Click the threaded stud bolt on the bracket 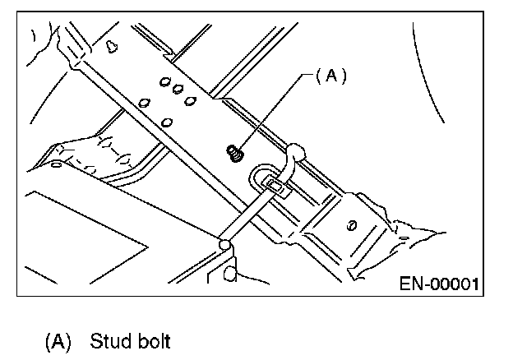tap(235, 154)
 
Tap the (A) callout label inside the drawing tap(331, 76)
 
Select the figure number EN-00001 tap(439, 284)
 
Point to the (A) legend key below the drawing tap(58, 342)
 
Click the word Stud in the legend tap(110, 341)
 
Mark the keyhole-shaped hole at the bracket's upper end tap(112, 46)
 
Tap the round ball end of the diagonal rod tap(224, 245)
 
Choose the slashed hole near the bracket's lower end tap(352, 225)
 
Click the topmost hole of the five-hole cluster tap(165, 81)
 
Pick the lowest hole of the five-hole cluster tap(167, 122)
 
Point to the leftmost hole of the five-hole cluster tap(144, 103)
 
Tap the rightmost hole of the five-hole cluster tap(190, 101)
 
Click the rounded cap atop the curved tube tap(297, 150)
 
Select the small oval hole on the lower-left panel tap(56, 164)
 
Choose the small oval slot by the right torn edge tap(404, 238)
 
